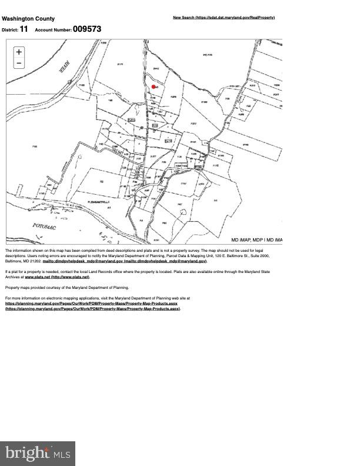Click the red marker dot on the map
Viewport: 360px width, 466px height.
click(x=154, y=87)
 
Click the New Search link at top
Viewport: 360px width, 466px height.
click(x=224, y=18)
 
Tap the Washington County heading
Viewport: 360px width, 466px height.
click(x=28, y=19)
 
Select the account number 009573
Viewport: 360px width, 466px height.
click(x=87, y=29)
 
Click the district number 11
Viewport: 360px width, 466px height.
click(x=24, y=29)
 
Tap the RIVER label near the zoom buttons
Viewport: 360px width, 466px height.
click(x=64, y=68)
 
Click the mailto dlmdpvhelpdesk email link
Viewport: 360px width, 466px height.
click(x=125, y=261)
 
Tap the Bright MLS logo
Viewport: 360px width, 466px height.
click(x=38, y=454)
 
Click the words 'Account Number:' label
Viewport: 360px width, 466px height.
click(x=53, y=29)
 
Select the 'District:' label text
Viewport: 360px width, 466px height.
click(x=10, y=29)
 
